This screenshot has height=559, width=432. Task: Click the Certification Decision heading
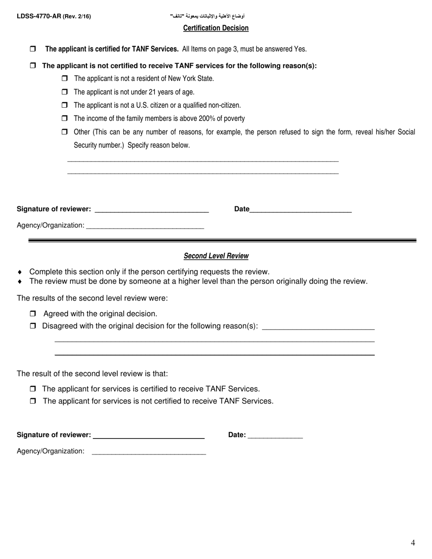tap(216, 28)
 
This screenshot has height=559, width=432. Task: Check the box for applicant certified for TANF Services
tap(33, 49)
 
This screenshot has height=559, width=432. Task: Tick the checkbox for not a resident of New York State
tap(64, 79)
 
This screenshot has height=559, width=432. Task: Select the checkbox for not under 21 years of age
tap(64, 92)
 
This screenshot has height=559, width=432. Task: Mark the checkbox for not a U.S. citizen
tap(64, 105)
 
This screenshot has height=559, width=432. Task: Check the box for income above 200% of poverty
tap(64, 118)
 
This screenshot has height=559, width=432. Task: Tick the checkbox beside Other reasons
tap(64, 132)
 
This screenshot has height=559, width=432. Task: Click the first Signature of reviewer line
tap(151, 210)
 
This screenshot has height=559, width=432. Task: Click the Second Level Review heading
tap(216, 256)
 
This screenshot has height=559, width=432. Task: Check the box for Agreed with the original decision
tap(33, 314)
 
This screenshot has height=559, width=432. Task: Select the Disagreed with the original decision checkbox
tap(33, 326)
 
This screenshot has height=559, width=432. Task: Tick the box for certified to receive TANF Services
tap(33, 389)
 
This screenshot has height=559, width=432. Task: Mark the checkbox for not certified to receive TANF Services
tap(33, 401)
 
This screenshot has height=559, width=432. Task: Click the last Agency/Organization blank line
tap(149, 451)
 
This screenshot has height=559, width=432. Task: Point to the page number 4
tap(413, 543)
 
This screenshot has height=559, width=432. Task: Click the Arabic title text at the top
tap(207, 16)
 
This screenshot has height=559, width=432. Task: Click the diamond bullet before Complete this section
tap(20, 272)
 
